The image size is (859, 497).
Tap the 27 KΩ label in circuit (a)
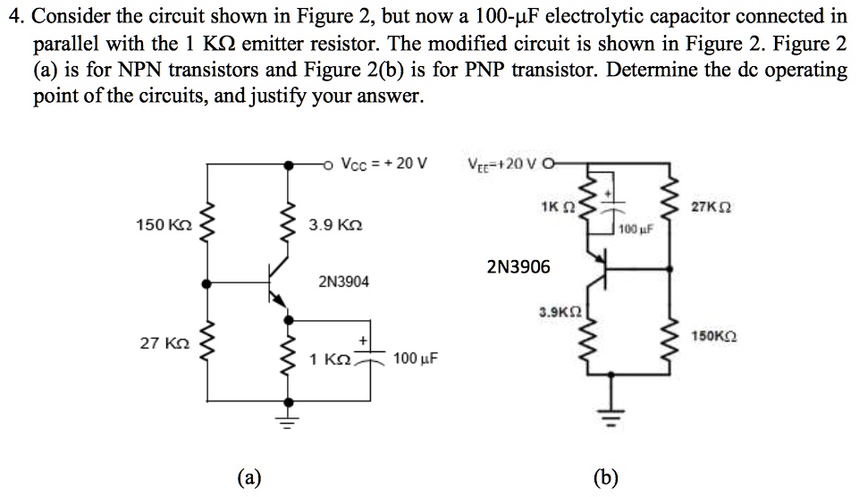point(162,342)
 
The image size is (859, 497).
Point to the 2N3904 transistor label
point(343,282)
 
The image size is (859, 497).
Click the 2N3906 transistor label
point(518,266)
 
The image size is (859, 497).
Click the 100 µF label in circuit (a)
point(415,359)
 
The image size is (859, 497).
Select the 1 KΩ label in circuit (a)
point(328,359)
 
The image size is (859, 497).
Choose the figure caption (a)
point(249,477)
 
